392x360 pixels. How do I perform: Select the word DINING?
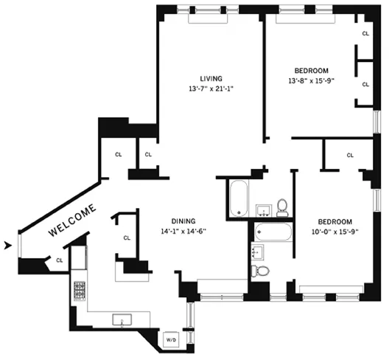point(183,221)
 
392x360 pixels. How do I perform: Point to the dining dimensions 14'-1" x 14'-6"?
point(183,231)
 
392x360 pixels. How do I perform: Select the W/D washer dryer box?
point(171,339)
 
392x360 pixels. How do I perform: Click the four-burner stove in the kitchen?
point(79,291)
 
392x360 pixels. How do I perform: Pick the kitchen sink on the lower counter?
point(121,320)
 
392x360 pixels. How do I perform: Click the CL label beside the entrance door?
point(59,260)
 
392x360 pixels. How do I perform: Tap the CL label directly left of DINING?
point(127,238)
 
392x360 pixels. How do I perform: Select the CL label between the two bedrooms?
point(349,155)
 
